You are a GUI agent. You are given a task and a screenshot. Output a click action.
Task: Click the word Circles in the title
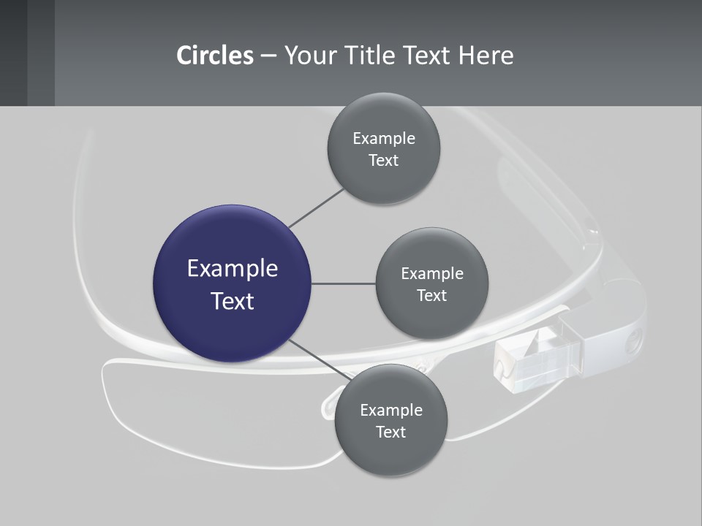click(x=214, y=56)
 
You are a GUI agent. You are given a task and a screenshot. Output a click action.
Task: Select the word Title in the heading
click(x=382, y=56)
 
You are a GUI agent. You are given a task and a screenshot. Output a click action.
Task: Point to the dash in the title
click(x=268, y=56)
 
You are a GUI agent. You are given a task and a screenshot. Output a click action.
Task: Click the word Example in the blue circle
click(x=233, y=269)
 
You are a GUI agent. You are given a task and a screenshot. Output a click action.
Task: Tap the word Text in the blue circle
click(x=233, y=301)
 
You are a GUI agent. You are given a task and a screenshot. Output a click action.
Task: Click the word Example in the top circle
click(x=384, y=139)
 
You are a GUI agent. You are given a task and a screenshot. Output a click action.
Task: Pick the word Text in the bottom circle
click(x=390, y=432)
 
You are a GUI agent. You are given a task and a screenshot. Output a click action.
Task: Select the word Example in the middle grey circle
click(x=432, y=274)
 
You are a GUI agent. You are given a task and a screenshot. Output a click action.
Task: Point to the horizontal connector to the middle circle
click(x=344, y=283)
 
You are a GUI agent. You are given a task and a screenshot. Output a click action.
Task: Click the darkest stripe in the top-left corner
click(x=13, y=53)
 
